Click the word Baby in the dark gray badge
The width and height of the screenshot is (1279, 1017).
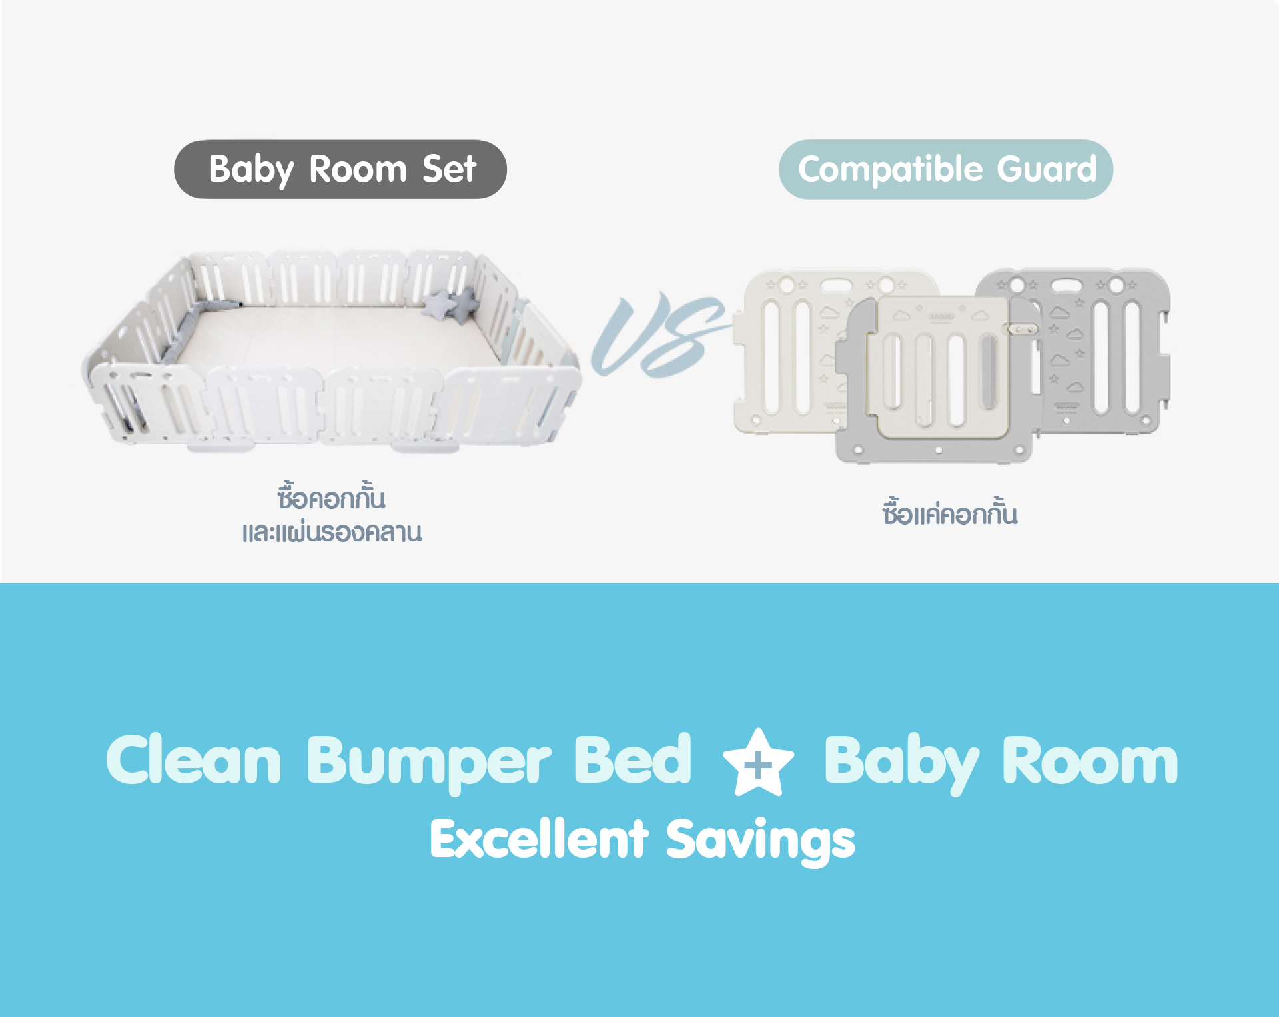pyautogui.click(x=251, y=170)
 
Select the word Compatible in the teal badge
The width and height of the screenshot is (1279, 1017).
pyautogui.click(x=891, y=170)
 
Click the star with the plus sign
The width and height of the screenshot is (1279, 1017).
pyautogui.click(x=758, y=763)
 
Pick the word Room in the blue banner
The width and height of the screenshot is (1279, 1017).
pyautogui.click(x=1090, y=761)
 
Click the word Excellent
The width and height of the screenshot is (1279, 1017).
pyautogui.click(x=539, y=839)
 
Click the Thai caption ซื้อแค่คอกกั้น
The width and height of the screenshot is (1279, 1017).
pyautogui.click(x=950, y=513)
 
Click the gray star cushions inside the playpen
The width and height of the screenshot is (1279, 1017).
pyautogui.click(x=452, y=303)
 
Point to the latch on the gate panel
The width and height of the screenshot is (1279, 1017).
pyautogui.click(x=1022, y=329)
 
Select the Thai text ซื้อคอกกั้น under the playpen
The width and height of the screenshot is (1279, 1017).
pyautogui.click(x=332, y=498)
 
